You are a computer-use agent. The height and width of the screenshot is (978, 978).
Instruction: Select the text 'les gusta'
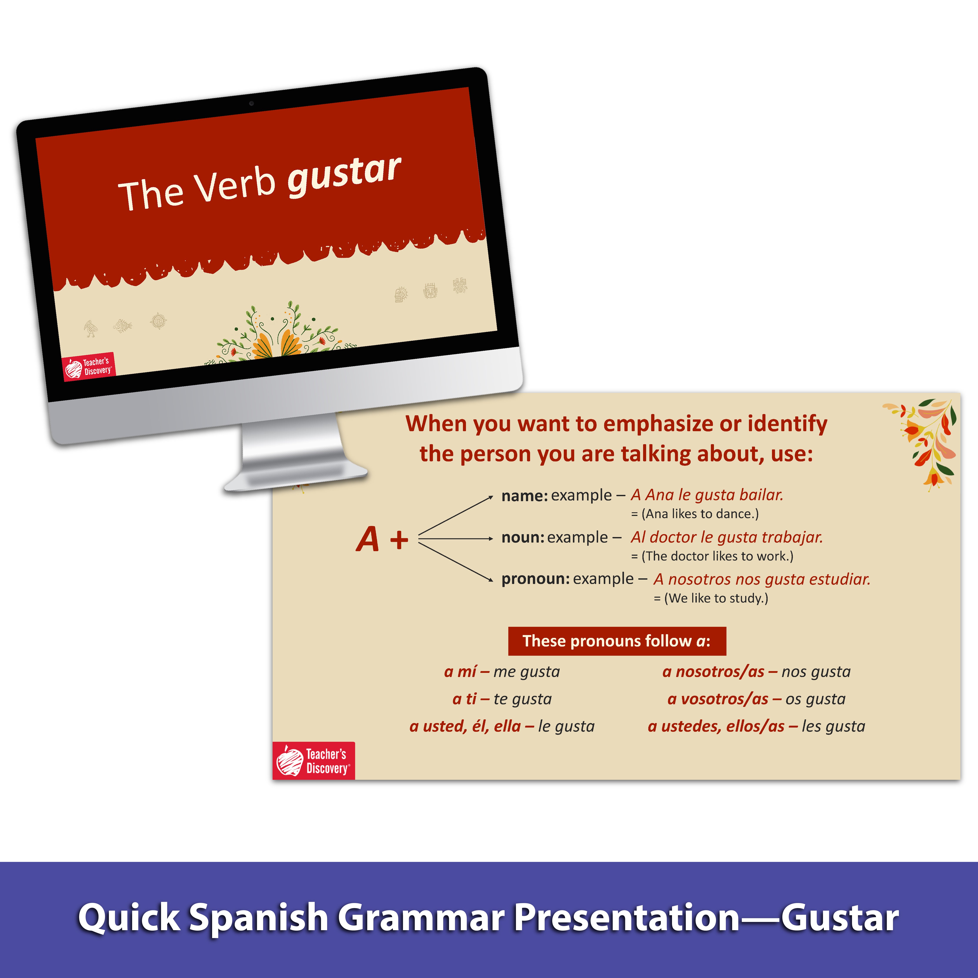(x=833, y=726)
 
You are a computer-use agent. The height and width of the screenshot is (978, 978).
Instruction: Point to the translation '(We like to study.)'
(x=716, y=598)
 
